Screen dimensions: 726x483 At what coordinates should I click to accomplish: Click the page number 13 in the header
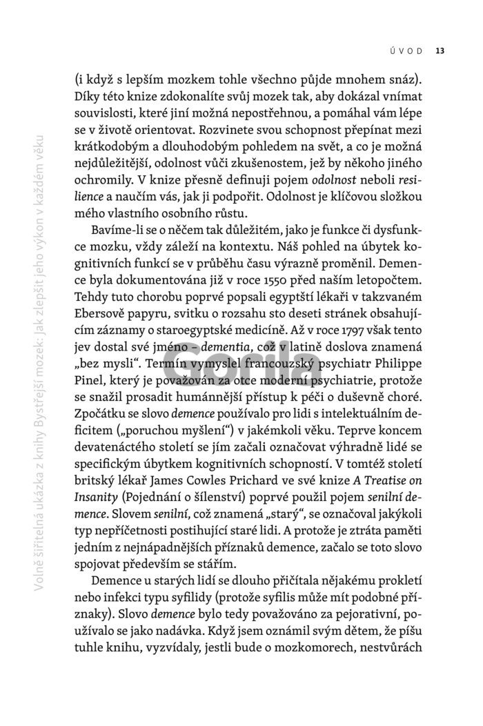[x=440, y=50]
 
